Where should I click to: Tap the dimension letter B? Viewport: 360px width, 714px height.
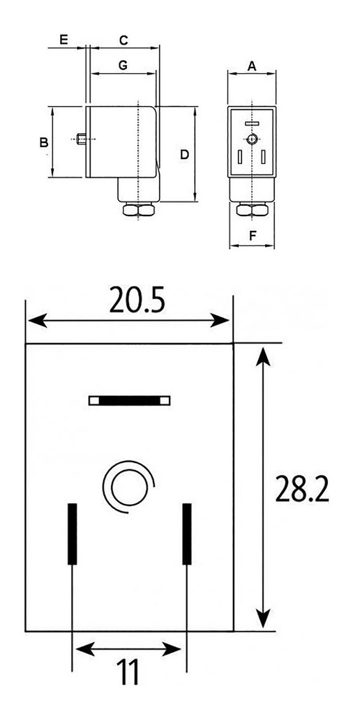pos(44,142)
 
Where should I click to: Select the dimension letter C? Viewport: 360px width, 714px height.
pos(123,40)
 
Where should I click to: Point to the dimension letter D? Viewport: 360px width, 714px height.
pos(184,154)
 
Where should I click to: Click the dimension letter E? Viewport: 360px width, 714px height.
pos(63,40)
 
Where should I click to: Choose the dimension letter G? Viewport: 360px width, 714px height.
pos(122,65)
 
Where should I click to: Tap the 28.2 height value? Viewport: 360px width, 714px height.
pos(301,490)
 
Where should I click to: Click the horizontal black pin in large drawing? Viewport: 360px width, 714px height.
pos(129,401)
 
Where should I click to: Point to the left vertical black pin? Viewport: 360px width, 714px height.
pos(71,533)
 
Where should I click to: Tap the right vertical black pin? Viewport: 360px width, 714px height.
pos(186,533)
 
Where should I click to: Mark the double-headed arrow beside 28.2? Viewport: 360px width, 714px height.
pos(262,487)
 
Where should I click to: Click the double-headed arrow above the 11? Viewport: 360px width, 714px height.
pos(128,649)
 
